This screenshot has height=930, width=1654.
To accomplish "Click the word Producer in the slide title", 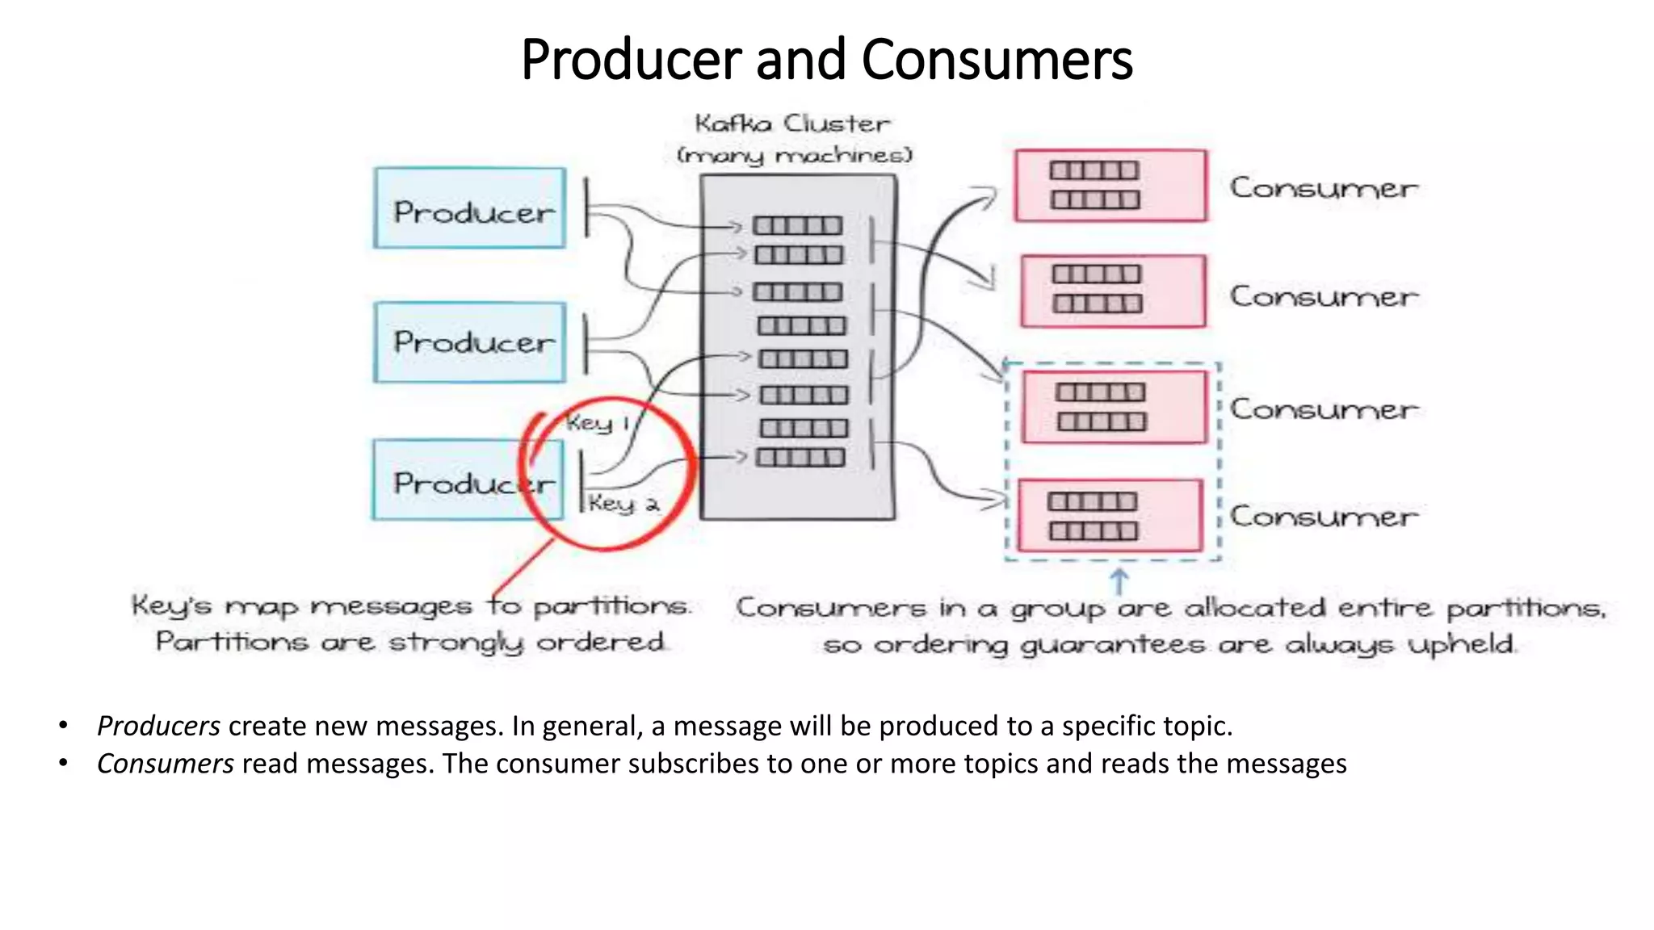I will pos(631,60).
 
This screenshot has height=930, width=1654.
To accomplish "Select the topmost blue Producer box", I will pos(469,208).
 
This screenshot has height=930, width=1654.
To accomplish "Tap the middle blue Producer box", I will pos(469,342).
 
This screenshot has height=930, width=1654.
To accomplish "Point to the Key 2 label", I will pos(623,504).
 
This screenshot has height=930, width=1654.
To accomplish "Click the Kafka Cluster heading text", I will pos(792,124).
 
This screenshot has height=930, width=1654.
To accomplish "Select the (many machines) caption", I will pos(795,154).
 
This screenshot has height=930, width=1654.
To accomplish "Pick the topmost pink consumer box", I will pos(1110,186).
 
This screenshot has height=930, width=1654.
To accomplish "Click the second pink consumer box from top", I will pos(1112,291).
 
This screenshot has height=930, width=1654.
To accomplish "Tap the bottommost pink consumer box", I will pos(1110,516).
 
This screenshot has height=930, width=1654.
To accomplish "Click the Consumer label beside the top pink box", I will pos(1323,188).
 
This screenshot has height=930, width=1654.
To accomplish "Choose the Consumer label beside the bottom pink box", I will pos(1323,517).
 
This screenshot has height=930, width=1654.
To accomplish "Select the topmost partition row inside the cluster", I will pos(797,226).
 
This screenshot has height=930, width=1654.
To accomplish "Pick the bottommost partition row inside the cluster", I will pos(800,458).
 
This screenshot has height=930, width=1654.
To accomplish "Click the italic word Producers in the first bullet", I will pos(158,726).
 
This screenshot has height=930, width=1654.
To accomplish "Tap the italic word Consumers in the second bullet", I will pos(165,763).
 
